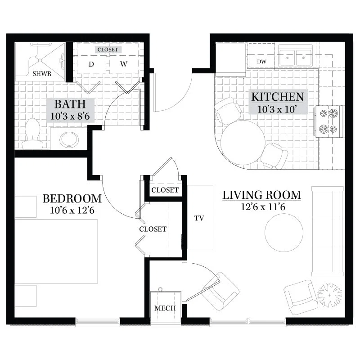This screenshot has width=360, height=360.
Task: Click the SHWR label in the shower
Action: click(42, 74)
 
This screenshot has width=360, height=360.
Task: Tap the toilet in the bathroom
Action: click(32, 134)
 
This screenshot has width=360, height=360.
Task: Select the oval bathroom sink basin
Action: click(69, 139)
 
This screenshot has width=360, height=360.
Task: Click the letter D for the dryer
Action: click(91, 64)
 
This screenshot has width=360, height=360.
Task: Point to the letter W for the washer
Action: click(123, 64)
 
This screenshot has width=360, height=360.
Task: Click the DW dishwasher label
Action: click(261, 62)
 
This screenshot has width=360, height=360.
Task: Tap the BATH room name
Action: click(70, 104)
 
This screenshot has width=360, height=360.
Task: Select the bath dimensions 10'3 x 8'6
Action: click(70, 116)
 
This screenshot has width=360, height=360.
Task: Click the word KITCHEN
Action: click(278, 97)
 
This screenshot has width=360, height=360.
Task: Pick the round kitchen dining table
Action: click(243, 143)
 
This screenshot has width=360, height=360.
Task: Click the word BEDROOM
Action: click(72, 198)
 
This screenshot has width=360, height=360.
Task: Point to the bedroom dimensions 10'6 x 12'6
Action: click(72, 210)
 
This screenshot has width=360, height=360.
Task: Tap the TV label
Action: click(199, 218)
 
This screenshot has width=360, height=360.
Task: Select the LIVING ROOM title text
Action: click(262, 195)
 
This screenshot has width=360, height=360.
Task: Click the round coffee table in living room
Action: click(284, 233)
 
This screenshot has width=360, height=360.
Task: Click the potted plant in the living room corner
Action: click(330, 295)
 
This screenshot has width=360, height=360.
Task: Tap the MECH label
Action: click(165, 308)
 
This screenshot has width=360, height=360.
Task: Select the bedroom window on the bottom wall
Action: click(98, 322)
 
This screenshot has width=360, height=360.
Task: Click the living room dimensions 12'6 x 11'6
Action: click(263, 207)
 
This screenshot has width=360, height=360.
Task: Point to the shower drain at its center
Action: click(40, 60)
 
